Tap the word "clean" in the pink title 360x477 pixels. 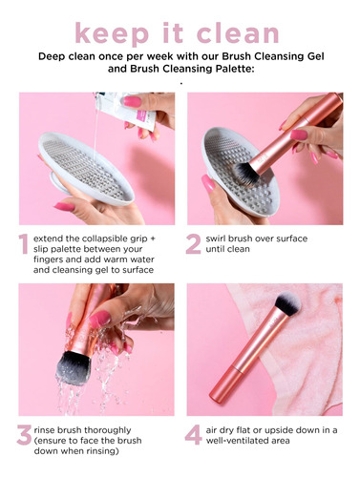pos(238,32)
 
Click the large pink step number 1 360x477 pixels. pos(23,244)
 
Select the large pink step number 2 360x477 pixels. pos(194,244)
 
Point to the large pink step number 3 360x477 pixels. pos(25,435)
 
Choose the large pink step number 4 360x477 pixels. pos(194,435)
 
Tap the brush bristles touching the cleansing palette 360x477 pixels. pos(244,174)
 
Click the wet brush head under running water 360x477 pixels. pos(74,367)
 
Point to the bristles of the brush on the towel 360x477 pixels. pos(288,302)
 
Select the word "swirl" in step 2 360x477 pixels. pos(216,238)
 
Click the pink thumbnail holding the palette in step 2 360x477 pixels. pos(208,184)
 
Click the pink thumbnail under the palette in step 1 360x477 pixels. pos(65,207)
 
